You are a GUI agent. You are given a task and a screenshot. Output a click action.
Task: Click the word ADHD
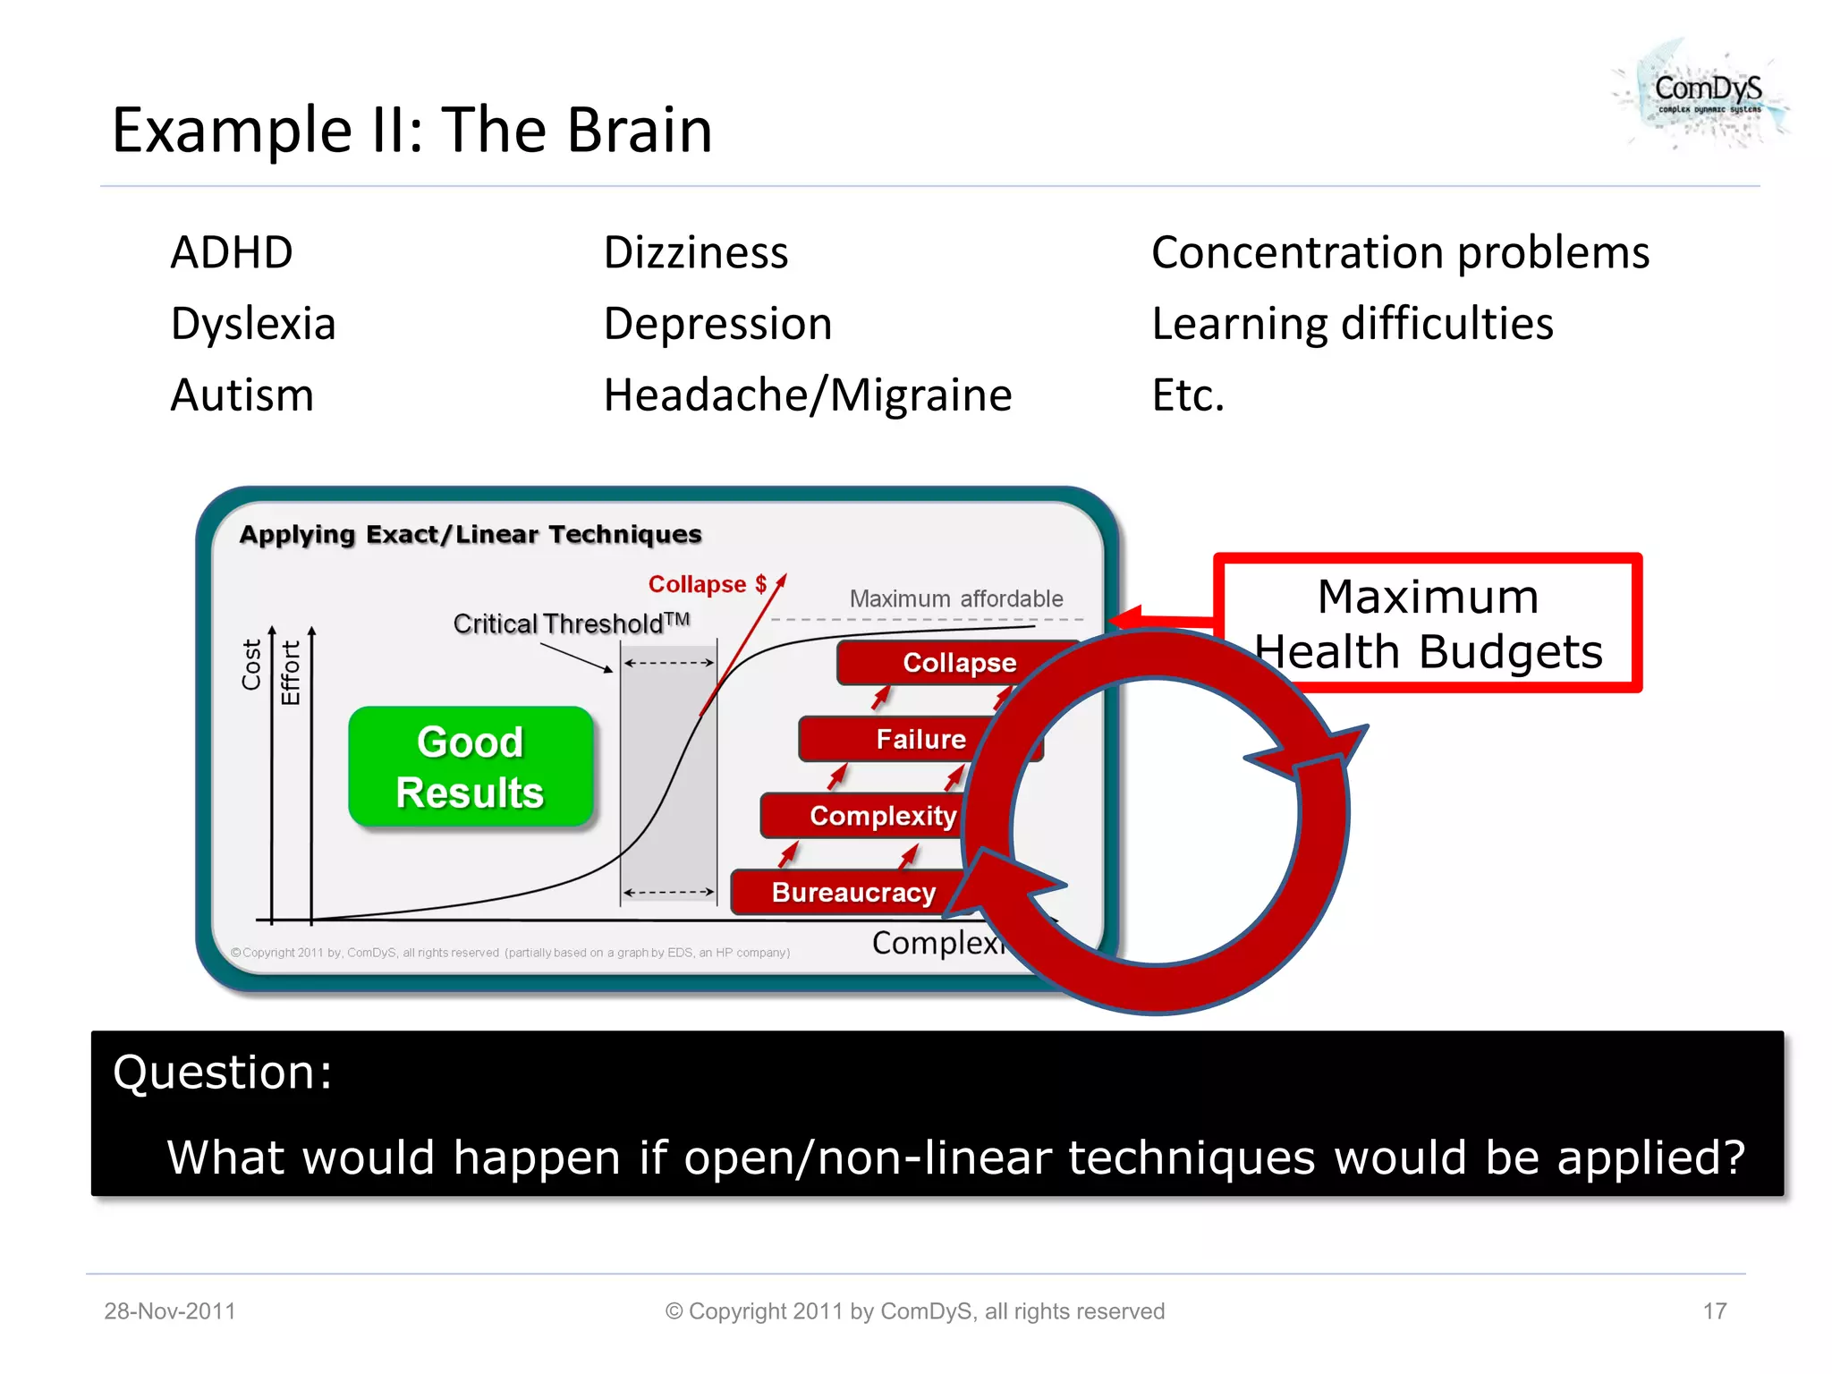[232, 252]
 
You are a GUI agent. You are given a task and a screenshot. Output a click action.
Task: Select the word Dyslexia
[253, 324]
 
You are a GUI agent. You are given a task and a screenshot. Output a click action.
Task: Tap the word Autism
[242, 395]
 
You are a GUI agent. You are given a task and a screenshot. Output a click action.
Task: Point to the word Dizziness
[696, 252]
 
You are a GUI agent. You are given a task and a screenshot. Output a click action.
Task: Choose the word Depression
[717, 324]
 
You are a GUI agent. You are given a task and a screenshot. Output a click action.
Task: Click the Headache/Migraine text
[808, 395]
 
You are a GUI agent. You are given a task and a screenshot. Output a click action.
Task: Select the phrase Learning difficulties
[1352, 324]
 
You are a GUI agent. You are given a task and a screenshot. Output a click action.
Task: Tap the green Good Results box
[471, 767]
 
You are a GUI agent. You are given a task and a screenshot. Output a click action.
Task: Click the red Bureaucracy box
[852, 892]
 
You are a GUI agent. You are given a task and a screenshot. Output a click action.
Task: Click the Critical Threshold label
[571, 623]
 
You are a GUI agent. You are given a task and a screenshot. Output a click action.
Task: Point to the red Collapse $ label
[707, 584]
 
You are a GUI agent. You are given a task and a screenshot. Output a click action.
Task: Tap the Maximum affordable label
[955, 598]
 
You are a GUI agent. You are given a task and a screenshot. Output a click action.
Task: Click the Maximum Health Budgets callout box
[1428, 623]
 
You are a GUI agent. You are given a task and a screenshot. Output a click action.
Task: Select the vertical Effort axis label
[291, 673]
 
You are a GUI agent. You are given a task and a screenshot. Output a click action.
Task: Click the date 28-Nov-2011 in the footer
[170, 1311]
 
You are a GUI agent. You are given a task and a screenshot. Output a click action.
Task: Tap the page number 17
[1714, 1311]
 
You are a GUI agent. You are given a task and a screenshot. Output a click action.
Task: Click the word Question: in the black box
[223, 1072]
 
